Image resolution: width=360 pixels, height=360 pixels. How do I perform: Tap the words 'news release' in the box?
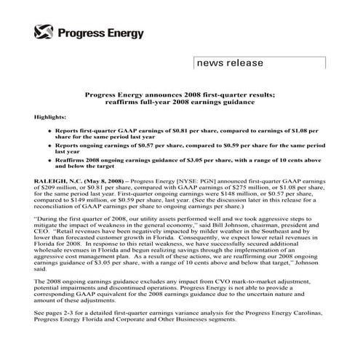pos(228,63)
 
